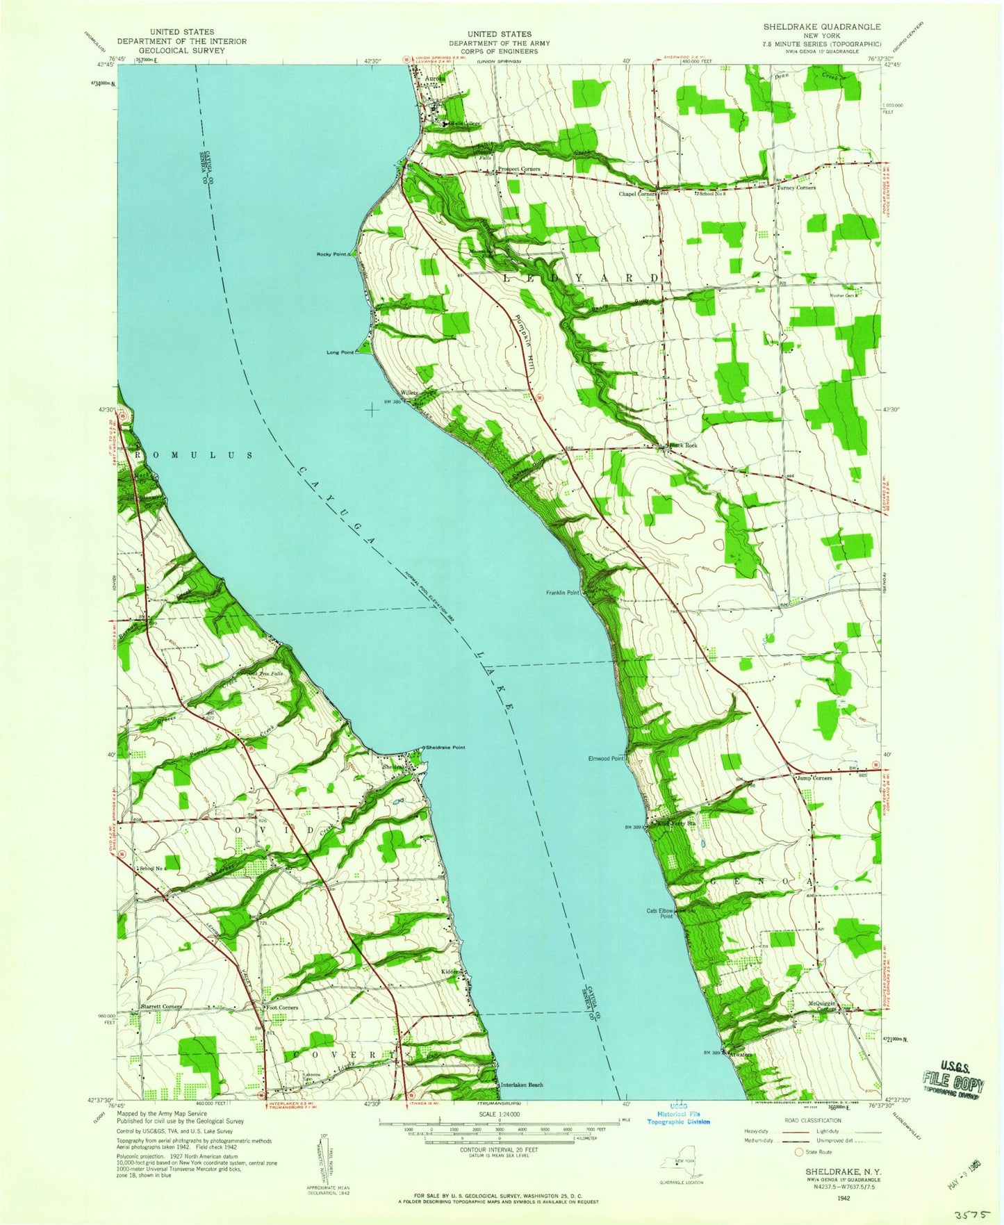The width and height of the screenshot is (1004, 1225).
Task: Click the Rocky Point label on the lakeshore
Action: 332,255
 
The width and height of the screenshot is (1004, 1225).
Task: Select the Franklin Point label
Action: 563,593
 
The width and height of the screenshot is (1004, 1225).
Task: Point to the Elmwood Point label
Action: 607,759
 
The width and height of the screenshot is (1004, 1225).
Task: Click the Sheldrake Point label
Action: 445,748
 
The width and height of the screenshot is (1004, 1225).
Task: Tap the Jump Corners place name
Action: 814,778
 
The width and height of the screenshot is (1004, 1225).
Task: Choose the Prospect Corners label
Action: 518,170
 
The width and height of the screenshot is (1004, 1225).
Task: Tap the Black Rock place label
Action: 683,445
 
